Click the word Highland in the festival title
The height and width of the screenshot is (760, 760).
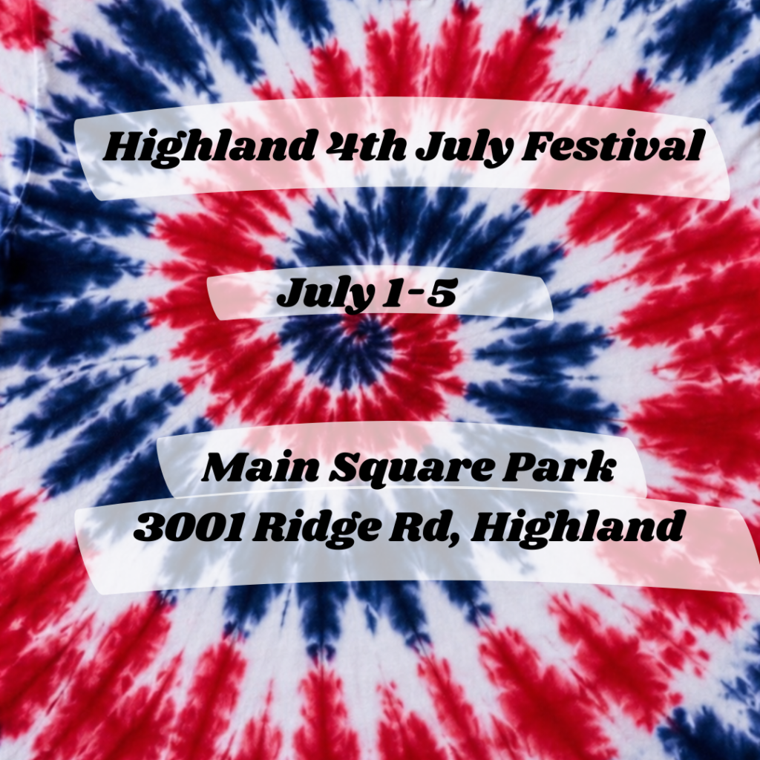pyautogui.click(x=209, y=145)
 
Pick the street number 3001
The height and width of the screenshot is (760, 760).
pyautogui.click(x=188, y=527)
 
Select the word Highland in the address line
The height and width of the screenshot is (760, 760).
pyautogui.click(x=577, y=528)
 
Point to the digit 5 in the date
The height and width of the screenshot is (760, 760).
pyautogui.click(x=442, y=292)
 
